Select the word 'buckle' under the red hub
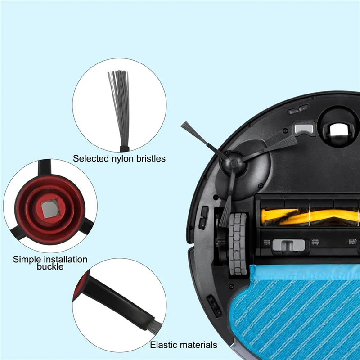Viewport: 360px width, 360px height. pos(50,266)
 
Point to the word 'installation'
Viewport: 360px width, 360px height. pos(61,259)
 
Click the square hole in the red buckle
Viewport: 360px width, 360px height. pos(45,208)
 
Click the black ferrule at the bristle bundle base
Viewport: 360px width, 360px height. pos(124,147)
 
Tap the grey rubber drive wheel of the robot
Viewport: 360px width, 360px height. pos(238,243)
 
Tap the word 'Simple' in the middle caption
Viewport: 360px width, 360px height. pos(26,259)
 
